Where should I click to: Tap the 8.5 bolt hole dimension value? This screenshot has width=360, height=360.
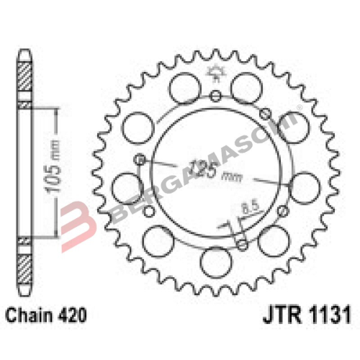click(x=249, y=209)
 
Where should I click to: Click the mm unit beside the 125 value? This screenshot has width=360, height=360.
click(x=232, y=175)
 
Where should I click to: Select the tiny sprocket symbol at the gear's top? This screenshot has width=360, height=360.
click(x=215, y=72)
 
